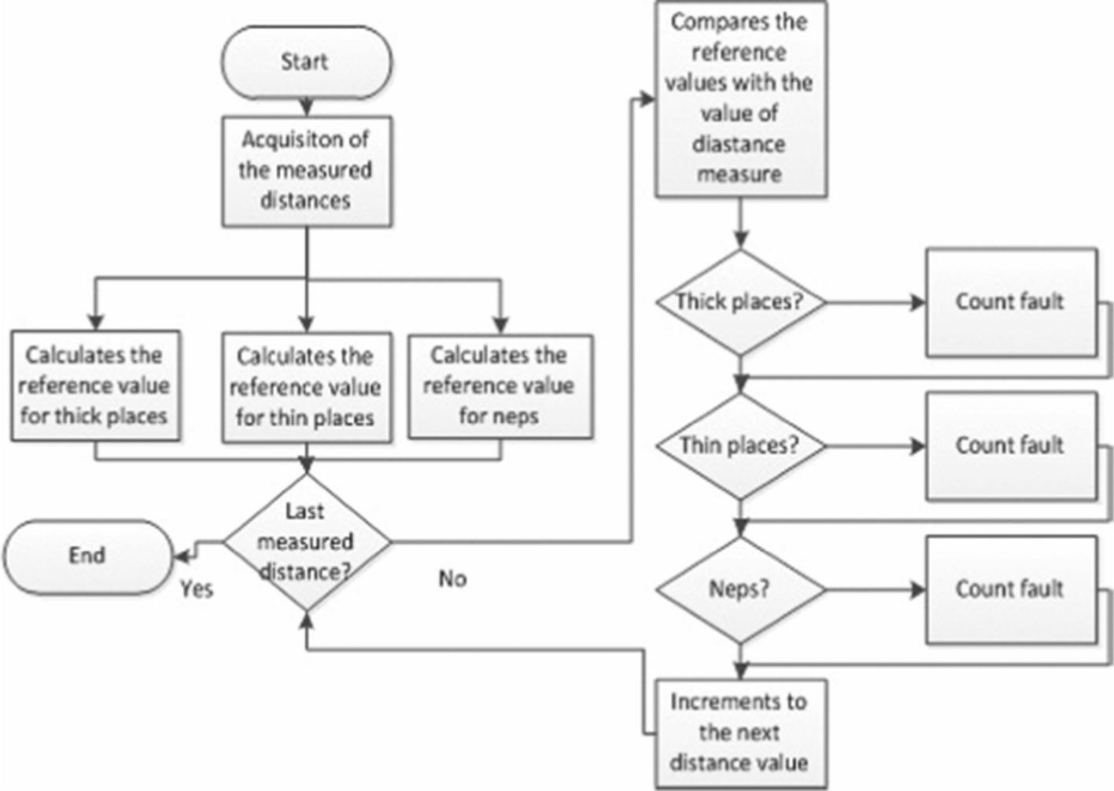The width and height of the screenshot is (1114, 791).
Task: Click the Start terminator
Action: coord(306,63)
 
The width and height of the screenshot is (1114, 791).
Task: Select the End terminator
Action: coord(89,557)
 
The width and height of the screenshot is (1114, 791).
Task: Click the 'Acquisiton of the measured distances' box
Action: coord(306,172)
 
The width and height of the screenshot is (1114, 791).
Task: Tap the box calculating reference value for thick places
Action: coord(95,386)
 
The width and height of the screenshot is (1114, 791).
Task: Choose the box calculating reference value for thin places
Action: coord(306,387)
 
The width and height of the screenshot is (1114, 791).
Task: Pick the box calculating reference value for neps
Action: coord(500,386)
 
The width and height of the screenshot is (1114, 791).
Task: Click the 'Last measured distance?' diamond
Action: coord(307,542)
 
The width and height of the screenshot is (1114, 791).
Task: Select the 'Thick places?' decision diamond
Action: coord(740,302)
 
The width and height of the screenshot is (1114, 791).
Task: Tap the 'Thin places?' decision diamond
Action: coord(740,446)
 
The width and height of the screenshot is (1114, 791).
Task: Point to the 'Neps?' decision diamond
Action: coord(740,590)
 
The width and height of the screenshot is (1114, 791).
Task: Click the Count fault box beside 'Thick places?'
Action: coord(1012,302)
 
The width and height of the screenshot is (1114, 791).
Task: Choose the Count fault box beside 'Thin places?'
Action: coord(1012,446)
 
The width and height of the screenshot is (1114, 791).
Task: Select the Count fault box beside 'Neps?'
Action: coord(1012,590)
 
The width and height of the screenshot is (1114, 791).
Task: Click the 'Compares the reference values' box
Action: coord(741,99)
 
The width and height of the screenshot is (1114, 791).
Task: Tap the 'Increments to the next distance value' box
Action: coord(741,734)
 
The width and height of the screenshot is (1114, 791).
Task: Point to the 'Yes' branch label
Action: coord(197,589)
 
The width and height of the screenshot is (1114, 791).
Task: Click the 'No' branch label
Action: coord(452,579)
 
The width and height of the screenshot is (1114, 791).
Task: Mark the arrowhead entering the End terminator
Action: coord(180,556)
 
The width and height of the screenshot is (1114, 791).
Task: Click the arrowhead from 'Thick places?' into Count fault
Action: coord(918,302)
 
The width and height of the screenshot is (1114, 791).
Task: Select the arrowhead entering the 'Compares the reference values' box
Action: coord(647,99)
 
